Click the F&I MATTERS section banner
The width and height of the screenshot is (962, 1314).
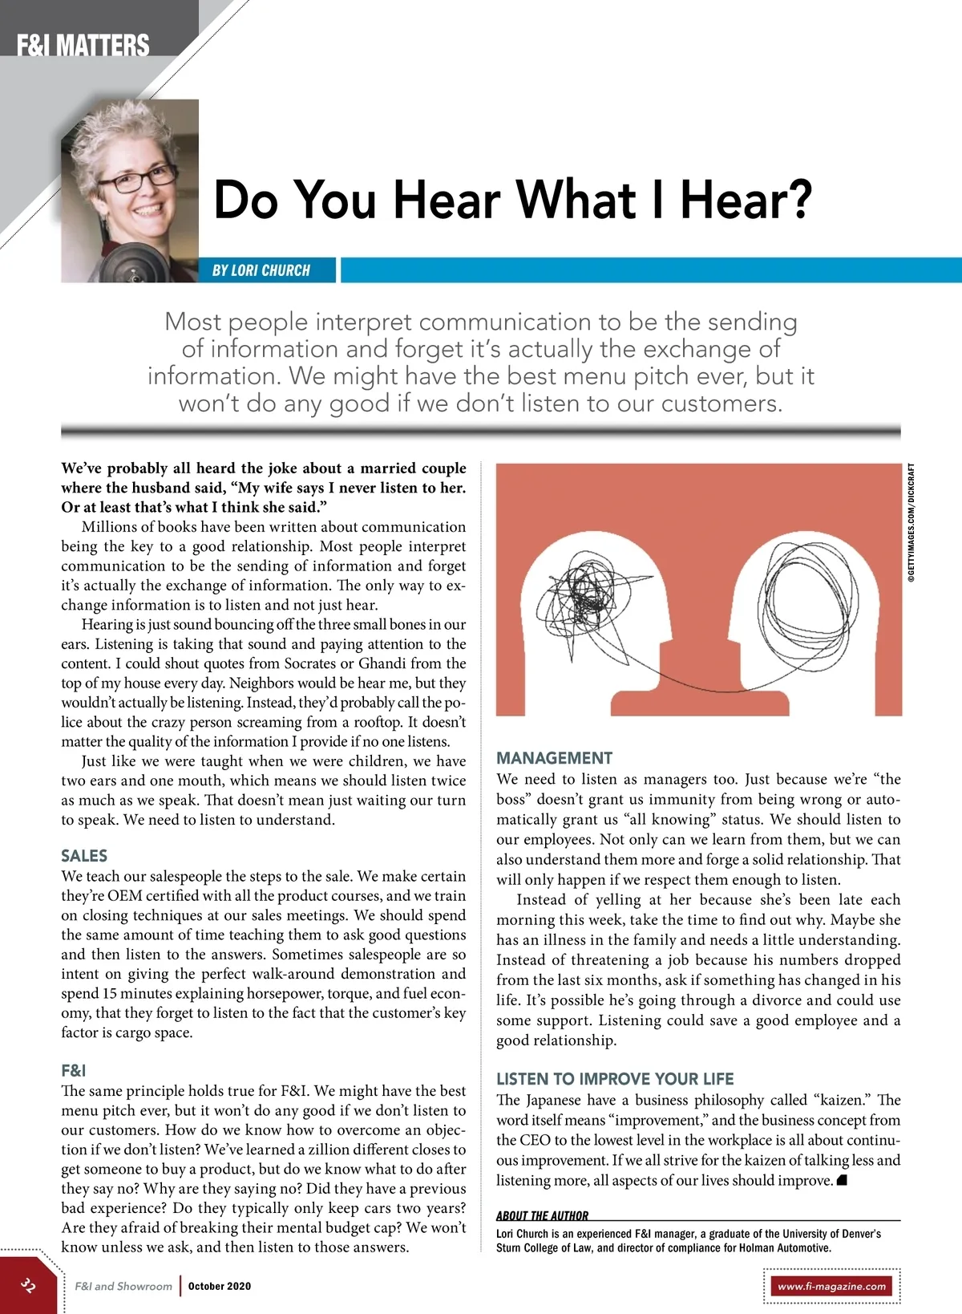point(83,44)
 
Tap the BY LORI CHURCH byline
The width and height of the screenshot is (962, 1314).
point(261,270)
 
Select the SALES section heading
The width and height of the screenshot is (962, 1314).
point(84,856)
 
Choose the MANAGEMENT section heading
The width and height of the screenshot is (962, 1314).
point(554,758)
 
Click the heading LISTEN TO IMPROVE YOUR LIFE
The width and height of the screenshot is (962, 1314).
point(615,1079)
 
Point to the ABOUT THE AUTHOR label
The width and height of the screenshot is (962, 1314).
point(542,1215)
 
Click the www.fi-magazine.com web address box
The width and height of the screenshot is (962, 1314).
point(831,1286)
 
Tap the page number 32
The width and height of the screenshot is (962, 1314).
point(28,1285)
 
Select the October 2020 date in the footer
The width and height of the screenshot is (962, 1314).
point(220,1286)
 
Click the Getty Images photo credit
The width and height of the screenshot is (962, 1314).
point(911,522)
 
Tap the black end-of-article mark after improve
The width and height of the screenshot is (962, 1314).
point(842,1180)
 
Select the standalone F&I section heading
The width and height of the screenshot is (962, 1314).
point(73,1070)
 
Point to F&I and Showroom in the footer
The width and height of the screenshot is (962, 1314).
point(123,1286)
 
